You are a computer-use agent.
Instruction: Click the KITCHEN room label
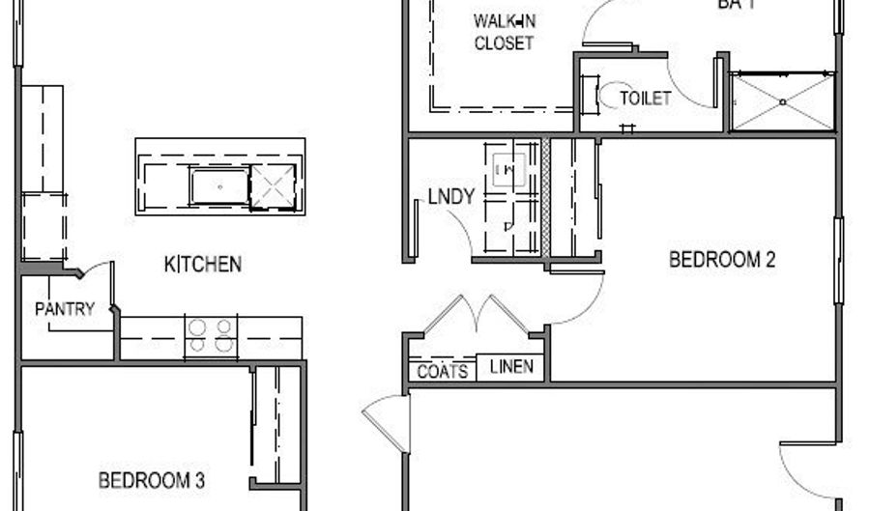[202, 264]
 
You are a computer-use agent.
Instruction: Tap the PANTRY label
[65, 309]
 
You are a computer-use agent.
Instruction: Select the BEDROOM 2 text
[722, 260]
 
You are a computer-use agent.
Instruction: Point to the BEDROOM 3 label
[151, 480]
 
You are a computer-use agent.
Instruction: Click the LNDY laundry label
[451, 197]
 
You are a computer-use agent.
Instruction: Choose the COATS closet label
[443, 372]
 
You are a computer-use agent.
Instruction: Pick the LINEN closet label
[511, 367]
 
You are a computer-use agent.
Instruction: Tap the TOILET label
[645, 99]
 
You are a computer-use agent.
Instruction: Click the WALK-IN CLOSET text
[504, 32]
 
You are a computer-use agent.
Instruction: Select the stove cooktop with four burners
[211, 335]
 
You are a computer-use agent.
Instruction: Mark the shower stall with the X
[782, 100]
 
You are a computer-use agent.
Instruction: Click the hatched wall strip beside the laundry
[545, 197]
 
